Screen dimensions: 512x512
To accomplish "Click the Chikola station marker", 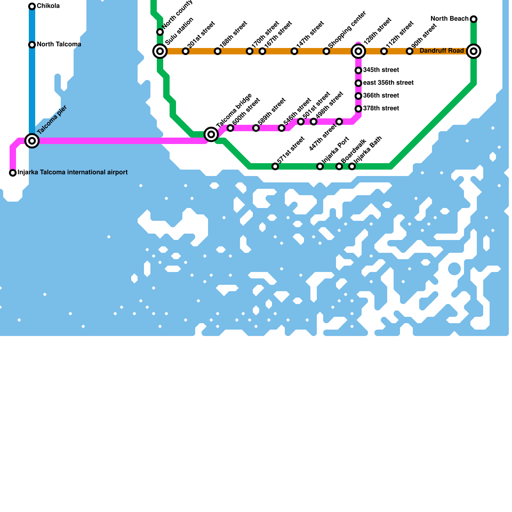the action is (32, 6).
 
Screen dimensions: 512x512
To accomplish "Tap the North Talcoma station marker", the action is (32, 45).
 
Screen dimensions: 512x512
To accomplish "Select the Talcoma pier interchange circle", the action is (32, 141).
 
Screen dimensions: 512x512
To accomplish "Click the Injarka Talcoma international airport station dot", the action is (13, 173).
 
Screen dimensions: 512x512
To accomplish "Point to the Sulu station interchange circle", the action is (160, 51).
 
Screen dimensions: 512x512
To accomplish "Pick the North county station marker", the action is (160, 32).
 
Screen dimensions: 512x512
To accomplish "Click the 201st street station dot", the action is (186, 51).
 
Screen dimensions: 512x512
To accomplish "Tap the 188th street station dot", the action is (218, 51).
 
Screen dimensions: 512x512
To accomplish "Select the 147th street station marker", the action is (294, 51).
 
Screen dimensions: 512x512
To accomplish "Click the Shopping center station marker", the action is (326, 51).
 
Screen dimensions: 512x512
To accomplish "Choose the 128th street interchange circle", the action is (358, 51).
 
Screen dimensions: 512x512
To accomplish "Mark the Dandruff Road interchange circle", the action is (474, 51).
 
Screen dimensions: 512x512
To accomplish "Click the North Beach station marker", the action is (474, 19).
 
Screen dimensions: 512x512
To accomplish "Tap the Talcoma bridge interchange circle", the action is (211, 134).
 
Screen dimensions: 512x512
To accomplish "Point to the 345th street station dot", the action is (358, 70).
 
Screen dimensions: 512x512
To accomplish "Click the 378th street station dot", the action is (358, 109).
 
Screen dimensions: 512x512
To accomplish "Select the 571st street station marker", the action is (275, 166).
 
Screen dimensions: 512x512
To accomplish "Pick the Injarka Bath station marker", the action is (352, 166).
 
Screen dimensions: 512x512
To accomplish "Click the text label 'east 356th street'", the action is (388, 83).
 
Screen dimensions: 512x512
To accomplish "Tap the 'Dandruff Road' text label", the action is (442, 51).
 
